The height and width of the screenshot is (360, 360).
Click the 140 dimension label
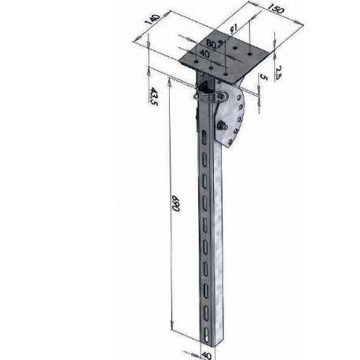[155, 22]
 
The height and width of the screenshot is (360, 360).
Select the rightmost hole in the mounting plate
[251, 53]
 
